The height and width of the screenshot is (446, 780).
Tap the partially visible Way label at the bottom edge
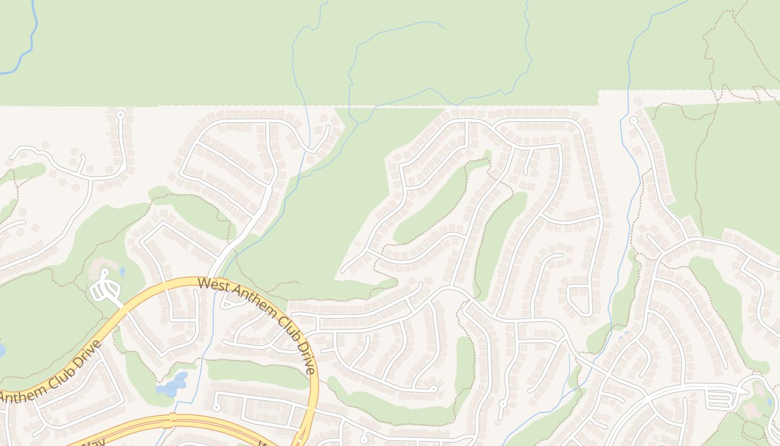click(x=92, y=442)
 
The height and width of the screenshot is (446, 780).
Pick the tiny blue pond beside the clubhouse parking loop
click(x=122, y=273)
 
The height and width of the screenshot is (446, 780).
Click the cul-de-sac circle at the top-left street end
click(x=120, y=115)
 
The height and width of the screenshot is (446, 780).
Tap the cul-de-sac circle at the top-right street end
click(x=633, y=120)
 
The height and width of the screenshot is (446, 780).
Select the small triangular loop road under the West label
click(x=230, y=302)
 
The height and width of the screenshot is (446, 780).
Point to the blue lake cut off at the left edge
click(x=2, y=350)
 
